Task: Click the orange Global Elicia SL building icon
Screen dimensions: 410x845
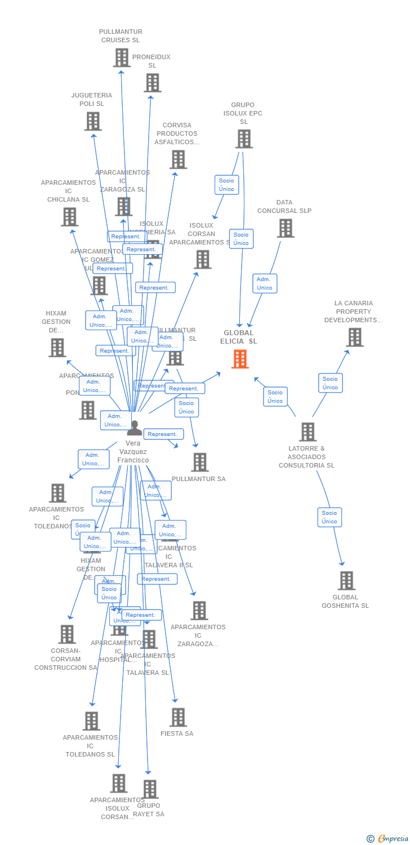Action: point(240,359)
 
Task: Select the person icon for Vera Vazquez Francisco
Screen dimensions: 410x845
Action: point(135,428)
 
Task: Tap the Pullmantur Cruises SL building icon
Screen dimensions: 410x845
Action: point(122,57)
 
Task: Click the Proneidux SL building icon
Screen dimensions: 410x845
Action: point(152,83)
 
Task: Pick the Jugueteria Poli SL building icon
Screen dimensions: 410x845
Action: point(93,121)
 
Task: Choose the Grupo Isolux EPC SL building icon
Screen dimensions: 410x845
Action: point(244,139)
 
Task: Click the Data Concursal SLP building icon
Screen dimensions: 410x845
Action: point(286,228)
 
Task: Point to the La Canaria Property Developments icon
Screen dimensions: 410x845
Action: point(354,337)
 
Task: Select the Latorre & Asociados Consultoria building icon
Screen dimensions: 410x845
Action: point(307,432)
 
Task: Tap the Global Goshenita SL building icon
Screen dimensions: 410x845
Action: point(346,580)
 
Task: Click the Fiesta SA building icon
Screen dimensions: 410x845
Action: point(178,717)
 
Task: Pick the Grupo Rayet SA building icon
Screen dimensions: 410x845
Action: point(150,789)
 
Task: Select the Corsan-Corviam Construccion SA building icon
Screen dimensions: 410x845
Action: point(66,634)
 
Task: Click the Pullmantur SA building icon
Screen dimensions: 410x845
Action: point(199,462)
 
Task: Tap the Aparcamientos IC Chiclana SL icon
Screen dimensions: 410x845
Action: point(69,216)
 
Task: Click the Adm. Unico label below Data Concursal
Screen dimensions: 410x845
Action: point(264,283)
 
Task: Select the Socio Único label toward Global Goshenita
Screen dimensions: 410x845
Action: point(329,517)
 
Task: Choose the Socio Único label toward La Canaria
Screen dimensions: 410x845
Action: point(330,383)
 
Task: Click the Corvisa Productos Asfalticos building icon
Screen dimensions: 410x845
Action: point(178,159)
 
